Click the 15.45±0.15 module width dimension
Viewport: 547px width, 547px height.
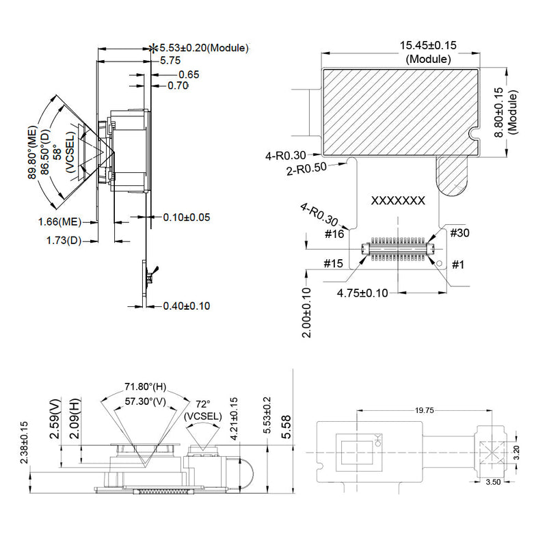click(428, 46)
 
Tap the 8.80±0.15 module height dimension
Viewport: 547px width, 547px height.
click(500, 112)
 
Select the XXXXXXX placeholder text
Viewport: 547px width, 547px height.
click(398, 201)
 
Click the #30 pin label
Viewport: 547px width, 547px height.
click(459, 232)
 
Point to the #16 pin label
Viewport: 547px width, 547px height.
click(334, 234)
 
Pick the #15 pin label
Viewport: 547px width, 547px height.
click(333, 263)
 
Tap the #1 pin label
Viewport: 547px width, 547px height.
click(458, 265)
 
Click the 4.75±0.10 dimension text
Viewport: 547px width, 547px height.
click(362, 293)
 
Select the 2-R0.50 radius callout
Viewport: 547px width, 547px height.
click(306, 169)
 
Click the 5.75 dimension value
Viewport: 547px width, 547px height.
click(170, 61)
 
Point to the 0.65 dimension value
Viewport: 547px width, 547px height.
click(189, 75)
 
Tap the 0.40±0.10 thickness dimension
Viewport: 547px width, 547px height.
click(187, 306)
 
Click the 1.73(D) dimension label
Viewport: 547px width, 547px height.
click(64, 241)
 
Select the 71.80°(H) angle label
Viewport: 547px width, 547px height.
click(146, 387)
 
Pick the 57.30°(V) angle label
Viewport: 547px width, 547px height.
click(146, 401)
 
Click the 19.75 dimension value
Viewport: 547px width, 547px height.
click(424, 410)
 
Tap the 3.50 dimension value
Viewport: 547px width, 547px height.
click(493, 482)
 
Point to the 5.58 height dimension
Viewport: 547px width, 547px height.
click(286, 427)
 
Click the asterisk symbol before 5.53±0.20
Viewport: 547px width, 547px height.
click(153, 48)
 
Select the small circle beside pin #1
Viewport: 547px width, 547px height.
click(440, 263)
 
